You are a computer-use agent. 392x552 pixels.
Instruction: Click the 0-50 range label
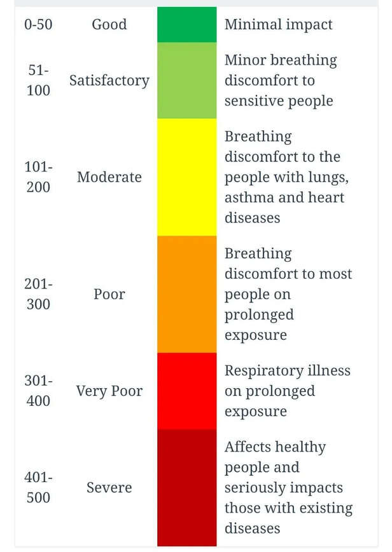tap(38, 24)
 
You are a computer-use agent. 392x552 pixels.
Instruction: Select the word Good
tap(109, 24)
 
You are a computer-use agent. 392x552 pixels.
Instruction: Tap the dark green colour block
tap(186, 25)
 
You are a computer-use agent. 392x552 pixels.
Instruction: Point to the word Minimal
tap(253, 24)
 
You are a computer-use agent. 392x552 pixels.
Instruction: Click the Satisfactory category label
tap(109, 81)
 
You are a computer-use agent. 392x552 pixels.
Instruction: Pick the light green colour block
tap(186, 80)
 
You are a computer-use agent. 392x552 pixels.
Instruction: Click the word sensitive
tap(249, 101)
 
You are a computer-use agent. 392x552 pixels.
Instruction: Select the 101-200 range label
tap(38, 177)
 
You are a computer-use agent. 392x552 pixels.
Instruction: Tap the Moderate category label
tap(109, 177)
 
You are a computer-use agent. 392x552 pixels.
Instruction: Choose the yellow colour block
tap(186, 177)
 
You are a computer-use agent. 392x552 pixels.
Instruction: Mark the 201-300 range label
tap(38, 294)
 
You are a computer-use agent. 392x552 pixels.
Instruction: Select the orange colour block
tap(186, 294)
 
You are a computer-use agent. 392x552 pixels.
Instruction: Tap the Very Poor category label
tap(109, 391)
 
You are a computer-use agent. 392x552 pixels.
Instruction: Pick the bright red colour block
tap(186, 391)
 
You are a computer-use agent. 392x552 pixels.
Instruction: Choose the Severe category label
tap(109, 488)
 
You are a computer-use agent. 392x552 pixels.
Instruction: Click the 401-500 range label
tap(38, 488)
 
